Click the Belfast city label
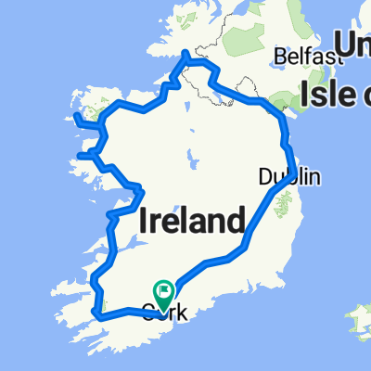pos(302,58)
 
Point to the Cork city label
pos(164,313)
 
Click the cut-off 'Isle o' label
pos(335,93)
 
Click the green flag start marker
pos(163,295)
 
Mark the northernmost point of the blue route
pos(189,55)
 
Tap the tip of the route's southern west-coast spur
pos(79,155)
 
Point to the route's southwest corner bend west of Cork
pos(96,315)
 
